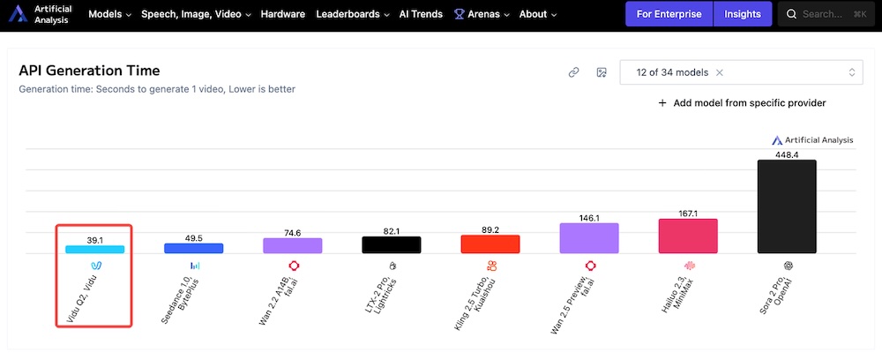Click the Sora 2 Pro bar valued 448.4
(x=787, y=206)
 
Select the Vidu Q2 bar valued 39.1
(x=94, y=249)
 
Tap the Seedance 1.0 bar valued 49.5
(x=193, y=249)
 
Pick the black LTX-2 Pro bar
(x=392, y=244)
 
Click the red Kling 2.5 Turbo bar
(x=490, y=244)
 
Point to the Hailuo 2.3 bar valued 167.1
(x=688, y=236)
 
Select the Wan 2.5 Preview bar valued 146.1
(x=589, y=238)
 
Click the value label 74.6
(x=292, y=233)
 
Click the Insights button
(x=743, y=14)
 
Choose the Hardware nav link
(x=282, y=14)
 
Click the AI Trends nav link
(x=422, y=14)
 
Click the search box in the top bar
(x=826, y=14)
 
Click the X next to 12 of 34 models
(x=720, y=72)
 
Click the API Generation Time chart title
(x=89, y=71)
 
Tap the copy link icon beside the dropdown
(x=573, y=72)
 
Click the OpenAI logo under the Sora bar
(x=788, y=265)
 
